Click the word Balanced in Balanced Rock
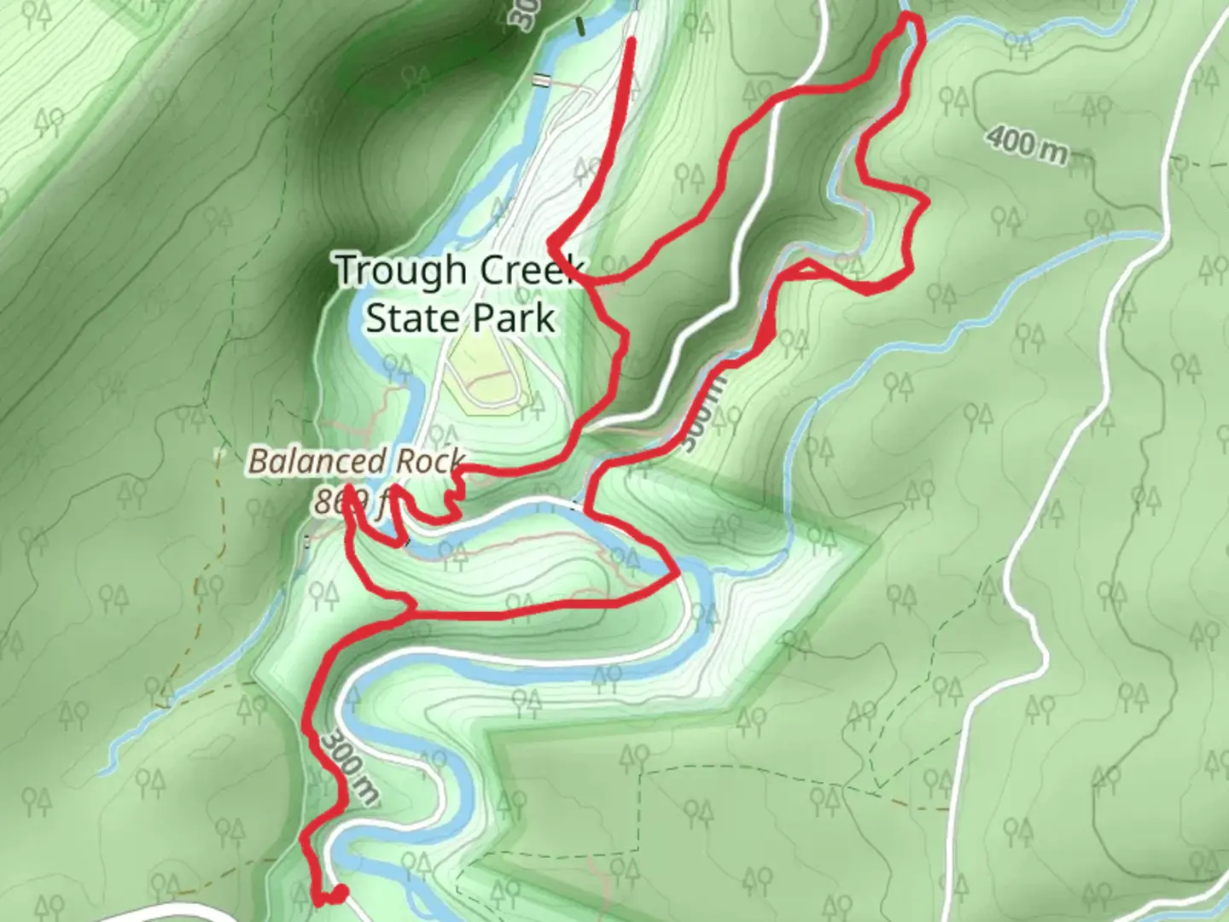click(x=316, y=462)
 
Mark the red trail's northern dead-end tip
click(x=632, y=40)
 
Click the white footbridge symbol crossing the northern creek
click(x=541, y=80)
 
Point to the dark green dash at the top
click(x=581, y=26)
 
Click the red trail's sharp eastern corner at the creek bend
click(x=677, y=575)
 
